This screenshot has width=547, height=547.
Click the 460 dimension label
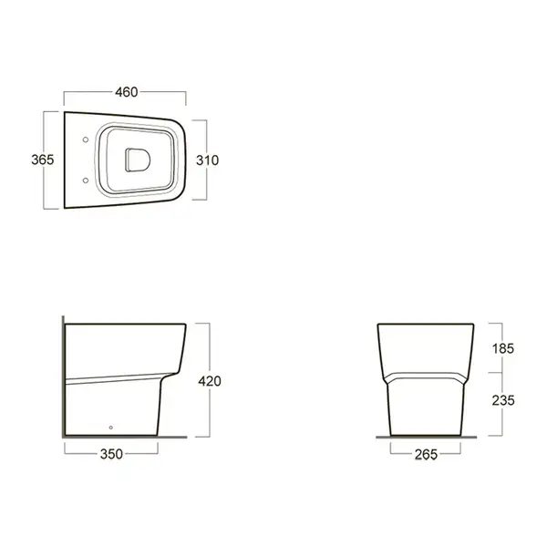point(127,92)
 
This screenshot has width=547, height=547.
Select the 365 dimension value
point(43,160)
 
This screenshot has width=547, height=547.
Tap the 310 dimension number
point(207,160)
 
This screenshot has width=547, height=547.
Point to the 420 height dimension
point(210,381)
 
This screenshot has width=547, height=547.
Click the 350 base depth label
point(111,454)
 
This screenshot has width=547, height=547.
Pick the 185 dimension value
point(502,348)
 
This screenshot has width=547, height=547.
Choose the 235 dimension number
point(503,400)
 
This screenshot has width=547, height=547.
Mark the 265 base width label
point(426,454)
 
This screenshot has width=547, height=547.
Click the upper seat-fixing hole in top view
point(86,139)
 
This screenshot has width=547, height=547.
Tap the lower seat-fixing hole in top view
point(86,181)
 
